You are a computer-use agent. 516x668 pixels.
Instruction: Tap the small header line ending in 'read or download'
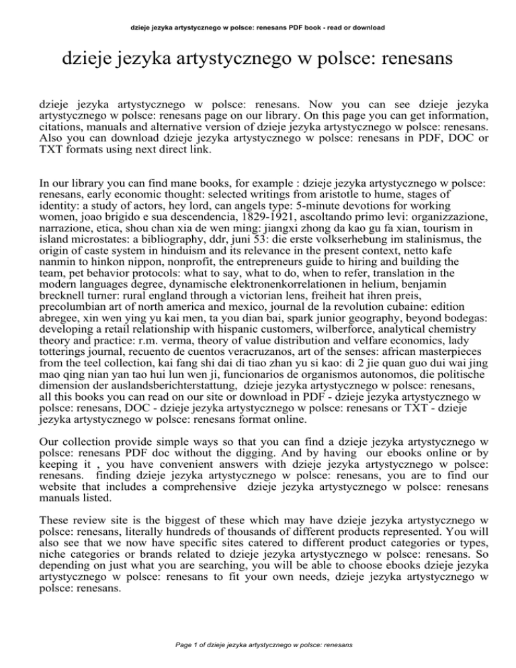coord(258,9)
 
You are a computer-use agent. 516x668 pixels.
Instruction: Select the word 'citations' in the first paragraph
coord(62,125)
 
